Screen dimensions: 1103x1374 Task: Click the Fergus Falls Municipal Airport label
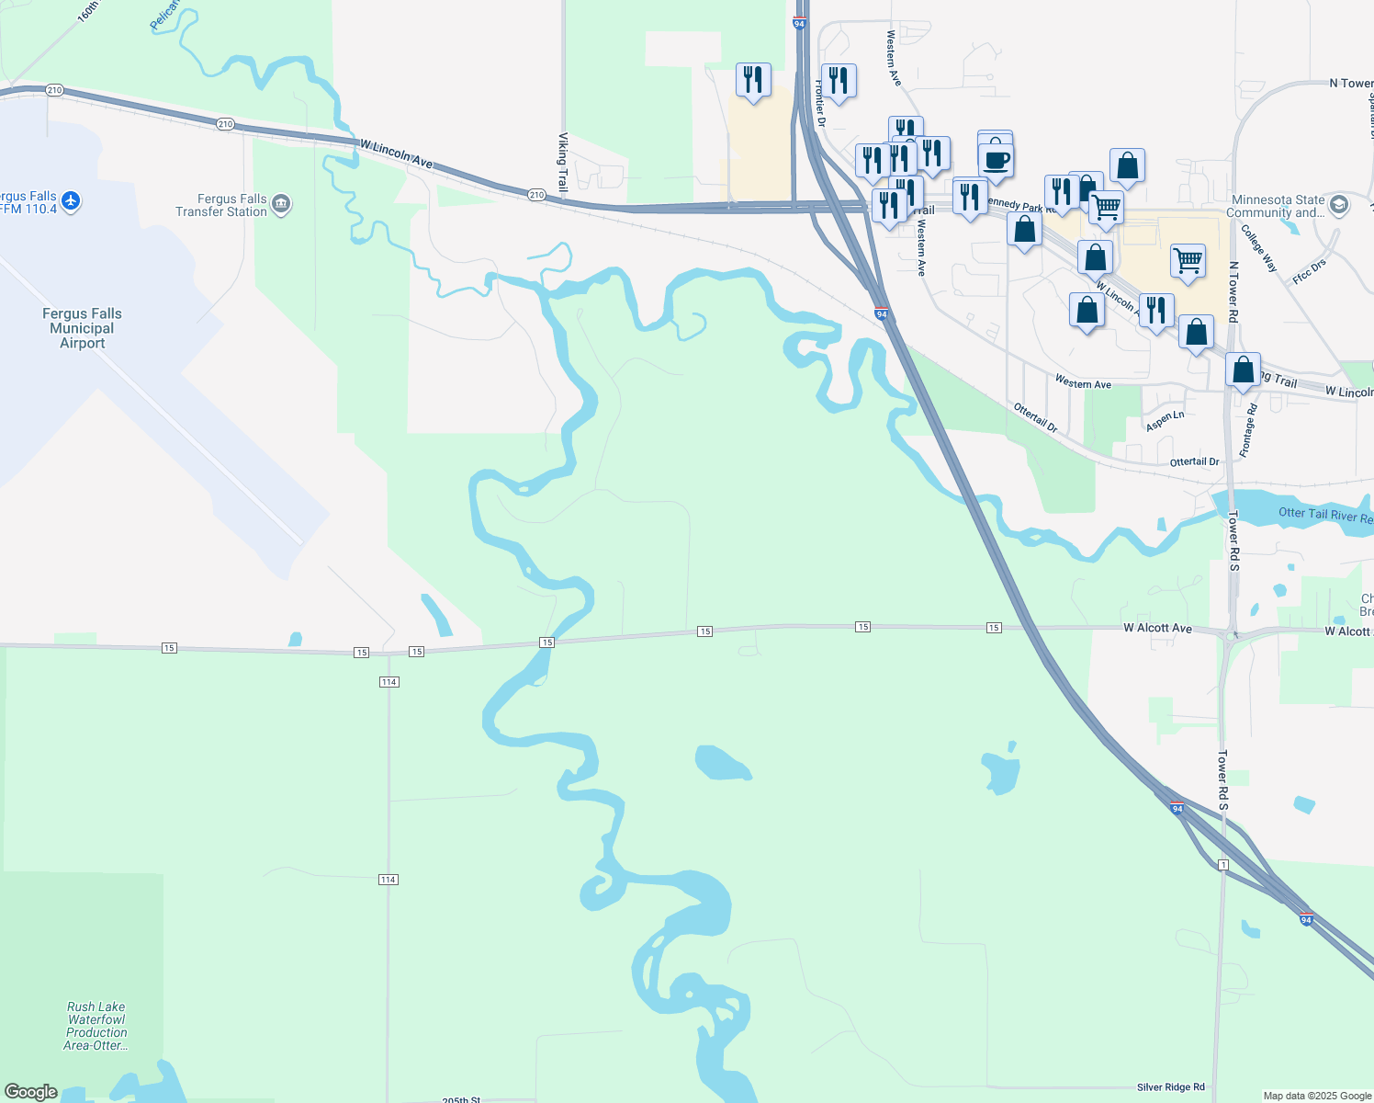pos(82,328)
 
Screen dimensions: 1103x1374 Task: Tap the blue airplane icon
pos(71,199)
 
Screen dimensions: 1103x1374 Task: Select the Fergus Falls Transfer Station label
pos(221,205)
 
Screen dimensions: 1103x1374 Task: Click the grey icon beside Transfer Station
pos(281,204)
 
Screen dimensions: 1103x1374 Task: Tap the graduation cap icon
pos(1338,204)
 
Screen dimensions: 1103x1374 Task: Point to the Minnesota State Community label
pos(1278,206)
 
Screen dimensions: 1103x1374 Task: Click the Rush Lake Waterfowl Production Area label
pos(96,1026)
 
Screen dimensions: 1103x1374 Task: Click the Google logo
pos(31,1092)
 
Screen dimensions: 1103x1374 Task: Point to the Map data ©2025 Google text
pos(1317,1096)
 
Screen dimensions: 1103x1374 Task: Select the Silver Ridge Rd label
pos(1170,1087)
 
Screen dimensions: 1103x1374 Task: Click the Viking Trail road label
pos(563,162)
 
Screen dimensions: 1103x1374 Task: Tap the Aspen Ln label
pos(1165,420)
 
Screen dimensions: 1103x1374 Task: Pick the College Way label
pos(1258,248)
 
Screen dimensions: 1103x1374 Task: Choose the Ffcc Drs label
pos(1309,272)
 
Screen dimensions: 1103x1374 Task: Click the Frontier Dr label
pos(820,103)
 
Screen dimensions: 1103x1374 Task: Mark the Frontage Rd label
pos(1247,430)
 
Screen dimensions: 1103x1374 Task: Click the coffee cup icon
pos(996,161)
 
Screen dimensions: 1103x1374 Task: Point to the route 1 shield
pos(1222,865)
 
